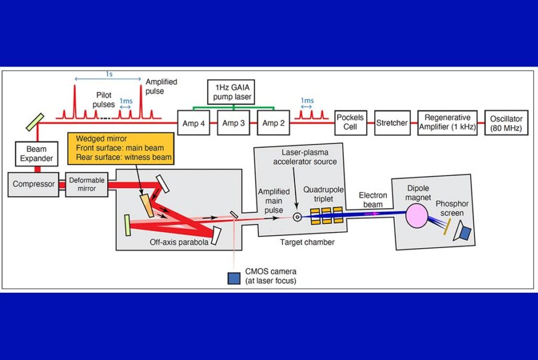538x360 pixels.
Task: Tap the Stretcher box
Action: click(x=392, y=123)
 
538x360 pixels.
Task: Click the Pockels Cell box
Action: click(x=351, y=123)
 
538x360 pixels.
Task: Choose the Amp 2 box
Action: click(x=273, y=123)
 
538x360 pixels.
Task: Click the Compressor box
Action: click(x=34, y=184)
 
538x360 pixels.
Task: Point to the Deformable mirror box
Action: click(x=87, y=184)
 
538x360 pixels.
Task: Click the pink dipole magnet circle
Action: click(x=416, y=215)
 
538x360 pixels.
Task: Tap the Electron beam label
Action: click(x=368, y=200)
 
